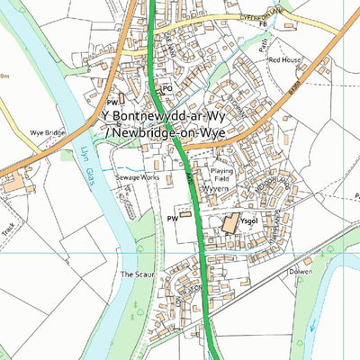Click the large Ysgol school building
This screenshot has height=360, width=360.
(228, 223)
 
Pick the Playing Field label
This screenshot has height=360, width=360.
(222, 175)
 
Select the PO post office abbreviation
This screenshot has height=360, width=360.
(166, 88)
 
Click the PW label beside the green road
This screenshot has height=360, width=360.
(172, 218)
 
